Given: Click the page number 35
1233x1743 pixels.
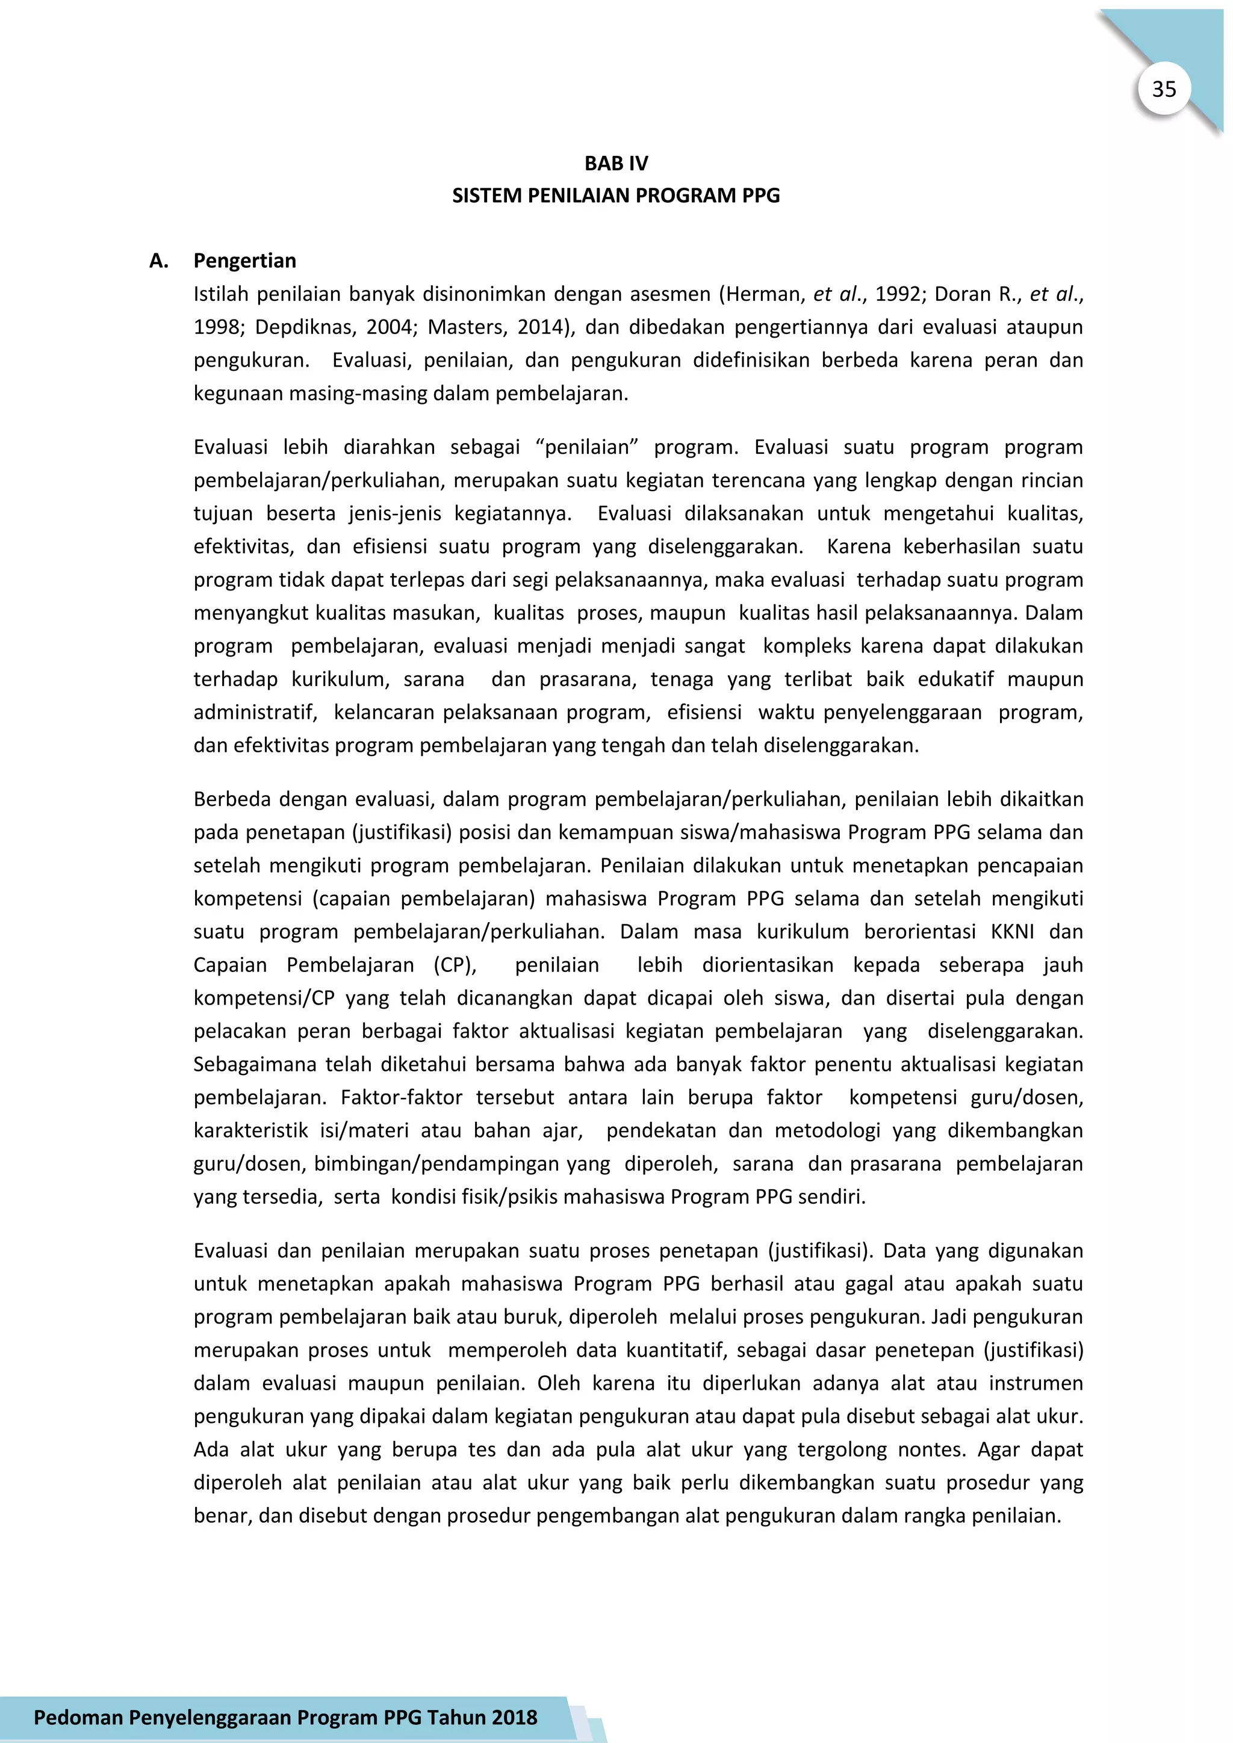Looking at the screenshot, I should pyautogui.click(x=1163, y=90).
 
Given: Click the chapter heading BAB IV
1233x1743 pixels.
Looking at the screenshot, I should pyautogui.click(x=616, y=163).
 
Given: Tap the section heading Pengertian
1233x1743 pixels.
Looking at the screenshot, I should pyautogui.click(x=244, y=261).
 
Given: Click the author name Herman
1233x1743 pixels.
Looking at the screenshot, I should pyautogui.click(x=765, y=294).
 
